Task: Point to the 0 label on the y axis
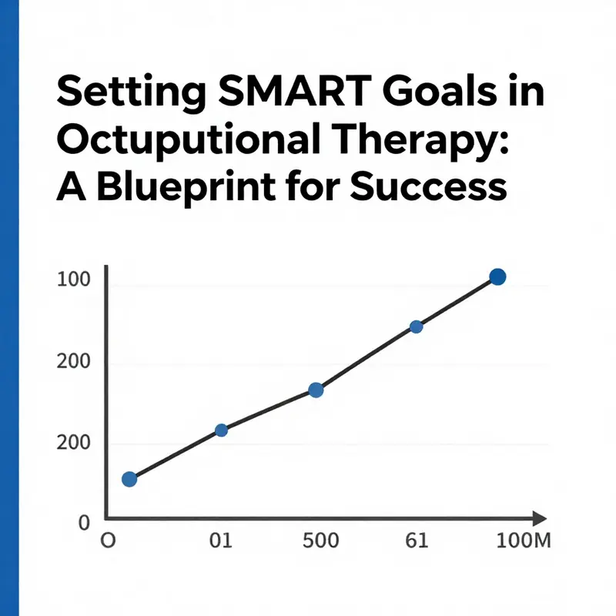coord(85,523)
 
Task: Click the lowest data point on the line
coord(129,479)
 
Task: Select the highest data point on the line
coord(497,277)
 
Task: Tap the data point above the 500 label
coord(316,390)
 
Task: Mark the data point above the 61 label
coord(416,326)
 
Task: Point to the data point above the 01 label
coord(221,430)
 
